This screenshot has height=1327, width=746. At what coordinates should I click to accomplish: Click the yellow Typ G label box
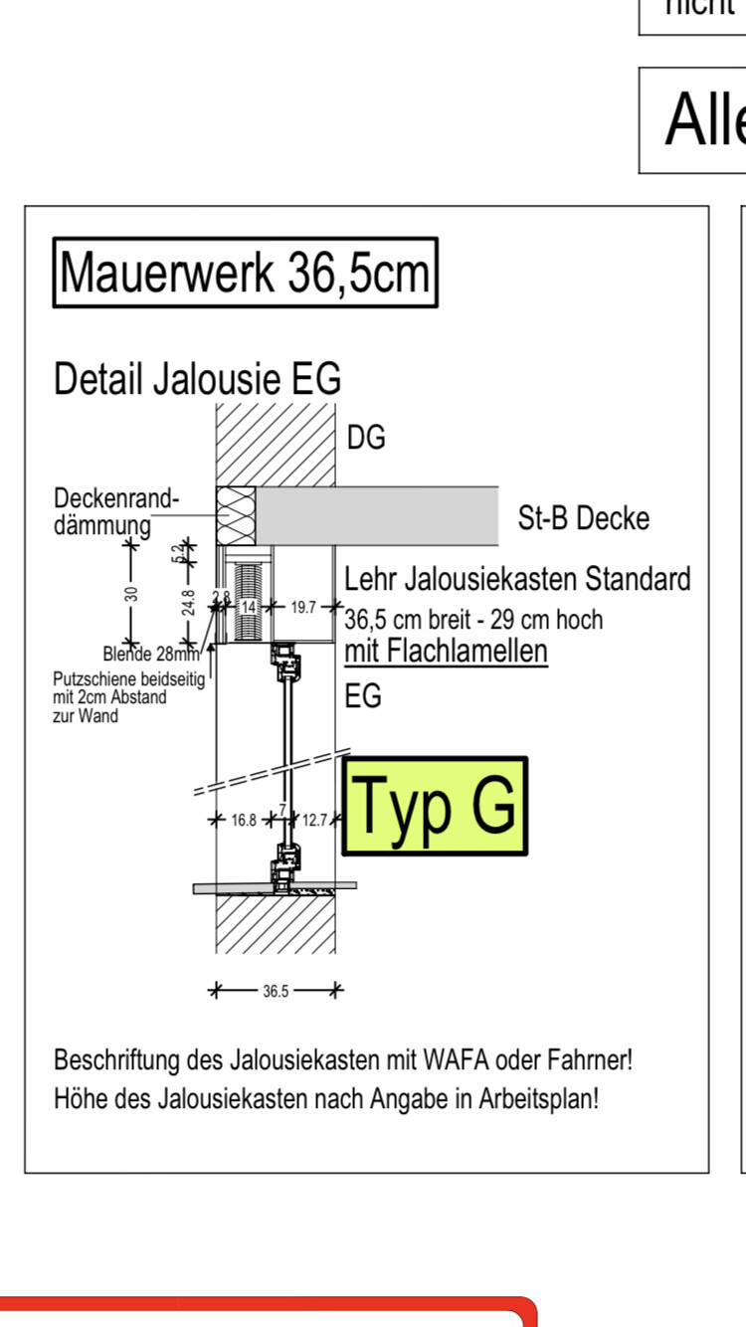[434, 806]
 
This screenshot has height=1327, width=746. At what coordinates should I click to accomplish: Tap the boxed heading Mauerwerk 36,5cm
[245, 273]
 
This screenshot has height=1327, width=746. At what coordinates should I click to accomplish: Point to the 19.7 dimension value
[304, 606]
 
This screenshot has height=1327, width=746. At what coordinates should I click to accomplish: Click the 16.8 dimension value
[244, 821]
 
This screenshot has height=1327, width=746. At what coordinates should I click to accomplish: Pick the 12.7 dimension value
[314, 821]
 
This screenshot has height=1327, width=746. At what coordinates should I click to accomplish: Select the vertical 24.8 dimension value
[189, 602]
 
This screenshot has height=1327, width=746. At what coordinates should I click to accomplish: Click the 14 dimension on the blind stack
[250, 606]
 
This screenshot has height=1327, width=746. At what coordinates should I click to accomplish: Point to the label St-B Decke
[583, 518]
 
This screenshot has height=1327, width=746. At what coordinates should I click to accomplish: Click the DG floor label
[366, 438]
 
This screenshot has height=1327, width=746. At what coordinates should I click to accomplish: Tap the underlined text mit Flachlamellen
[446, 652]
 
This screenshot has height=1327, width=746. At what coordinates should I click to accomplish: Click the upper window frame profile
[288, 662]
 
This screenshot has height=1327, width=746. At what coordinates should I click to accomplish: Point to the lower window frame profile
[287, 861]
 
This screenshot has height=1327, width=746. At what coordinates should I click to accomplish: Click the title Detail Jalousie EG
[197, 379]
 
